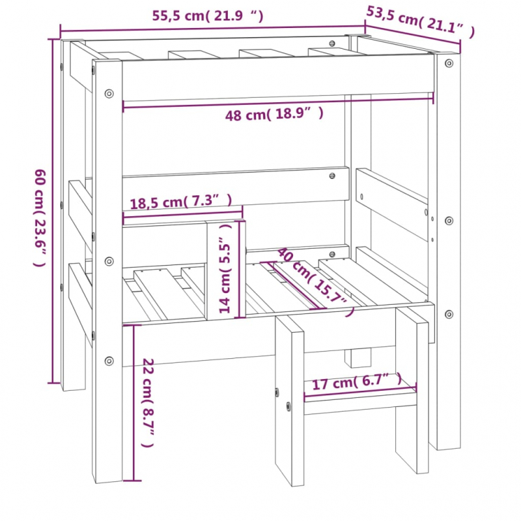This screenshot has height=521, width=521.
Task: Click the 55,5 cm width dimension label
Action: click(x=208, y=16)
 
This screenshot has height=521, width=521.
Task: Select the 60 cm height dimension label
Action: click(x=40, y=218)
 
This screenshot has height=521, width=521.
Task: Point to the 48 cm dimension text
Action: click(x=274, y=115)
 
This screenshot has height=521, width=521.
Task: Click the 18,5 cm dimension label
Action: click(x=181, y=202)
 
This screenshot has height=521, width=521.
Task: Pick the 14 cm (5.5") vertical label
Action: click(x=225, y=268)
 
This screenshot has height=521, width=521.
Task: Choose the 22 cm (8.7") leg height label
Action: click(x=148, y=402)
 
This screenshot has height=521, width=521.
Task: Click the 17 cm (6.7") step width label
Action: click(x=357, y=382)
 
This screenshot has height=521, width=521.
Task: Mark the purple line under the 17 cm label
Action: click(x=360, y=391)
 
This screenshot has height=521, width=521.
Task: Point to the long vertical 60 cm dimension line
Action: click(x=52, y=211)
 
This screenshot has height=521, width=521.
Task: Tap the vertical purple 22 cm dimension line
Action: click(x=134, y=402)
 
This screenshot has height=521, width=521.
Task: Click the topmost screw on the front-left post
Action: click(x=109, y=93)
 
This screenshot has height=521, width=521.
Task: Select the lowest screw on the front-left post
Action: click(x=109, y=361)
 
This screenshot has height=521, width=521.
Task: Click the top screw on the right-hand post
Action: click(x=449, y=63)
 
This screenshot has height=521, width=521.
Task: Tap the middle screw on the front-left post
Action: click(x=109, y=261)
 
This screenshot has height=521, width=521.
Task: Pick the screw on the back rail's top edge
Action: click(x=332, y=44)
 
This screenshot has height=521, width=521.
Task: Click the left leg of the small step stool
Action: click(x=289, y=401)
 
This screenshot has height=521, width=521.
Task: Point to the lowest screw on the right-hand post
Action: click(x=449, y=314)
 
